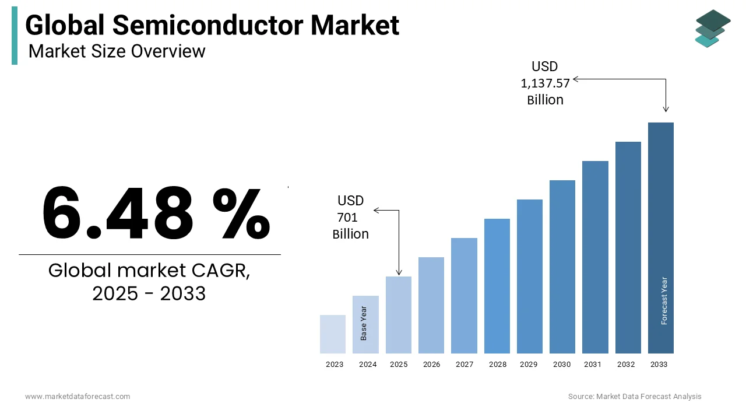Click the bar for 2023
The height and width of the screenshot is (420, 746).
(x=333, y=334)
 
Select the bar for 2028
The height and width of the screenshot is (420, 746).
(x=497, y=286)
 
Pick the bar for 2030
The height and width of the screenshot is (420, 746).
(x=562, y=267)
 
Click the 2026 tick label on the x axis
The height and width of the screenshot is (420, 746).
(x=431, y=365)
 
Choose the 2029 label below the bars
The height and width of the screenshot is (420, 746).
(x=529, y=365)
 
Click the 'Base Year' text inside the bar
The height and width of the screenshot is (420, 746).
(x=364, y=323)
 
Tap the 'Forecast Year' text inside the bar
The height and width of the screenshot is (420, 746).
(x=664, y=300)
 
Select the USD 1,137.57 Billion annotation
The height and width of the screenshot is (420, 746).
(x=545, y=83)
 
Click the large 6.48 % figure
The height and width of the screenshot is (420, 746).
(x=156, y=213)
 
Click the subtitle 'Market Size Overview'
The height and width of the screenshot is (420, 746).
(x=117, y=51)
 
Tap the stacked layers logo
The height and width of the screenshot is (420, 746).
(x=712, y=28)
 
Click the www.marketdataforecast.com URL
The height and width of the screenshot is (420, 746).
(x=78, y=397)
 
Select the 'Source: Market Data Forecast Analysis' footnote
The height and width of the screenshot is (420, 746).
(x=635, y=397)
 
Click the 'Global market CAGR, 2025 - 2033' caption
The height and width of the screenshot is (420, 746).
(x=149, y=282)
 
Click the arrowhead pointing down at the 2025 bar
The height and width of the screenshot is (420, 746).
(x=399, y=272)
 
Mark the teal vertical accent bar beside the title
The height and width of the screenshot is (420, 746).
(x=15, y=36)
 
